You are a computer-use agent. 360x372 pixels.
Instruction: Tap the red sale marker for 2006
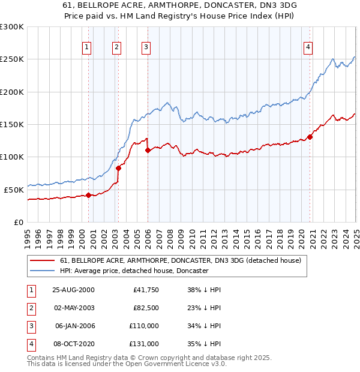click(x=148, y=151)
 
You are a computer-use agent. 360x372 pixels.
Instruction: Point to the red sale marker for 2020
click(x=310, y=137)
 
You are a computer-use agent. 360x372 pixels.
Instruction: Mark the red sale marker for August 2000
click(x=89, y=195)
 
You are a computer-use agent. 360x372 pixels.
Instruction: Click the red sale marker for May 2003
click(x=118, y=169)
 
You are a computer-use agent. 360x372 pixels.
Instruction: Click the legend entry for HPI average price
click(x=134, y=271)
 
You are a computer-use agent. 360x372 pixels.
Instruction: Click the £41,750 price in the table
click(x=145, y=290)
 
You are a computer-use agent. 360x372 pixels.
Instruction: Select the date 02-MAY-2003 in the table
click(x=73, y=308)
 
